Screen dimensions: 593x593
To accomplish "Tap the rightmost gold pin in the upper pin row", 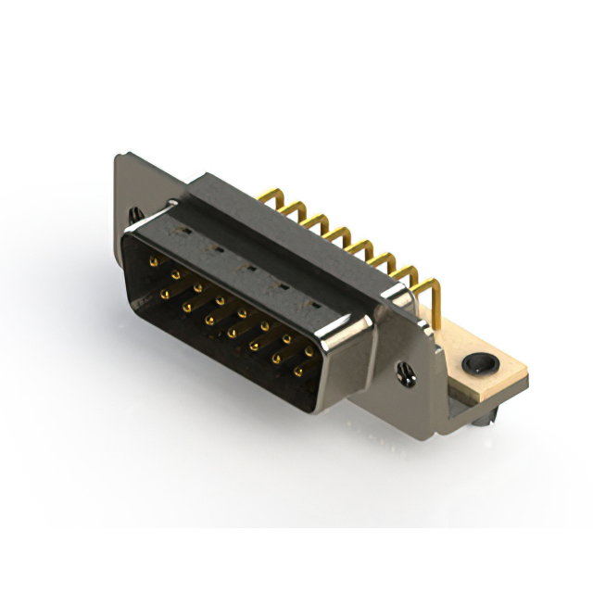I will point(309,351).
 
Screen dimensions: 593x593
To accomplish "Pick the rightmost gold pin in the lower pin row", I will point(298,372).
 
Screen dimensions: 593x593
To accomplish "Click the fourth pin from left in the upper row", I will point(221,300).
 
